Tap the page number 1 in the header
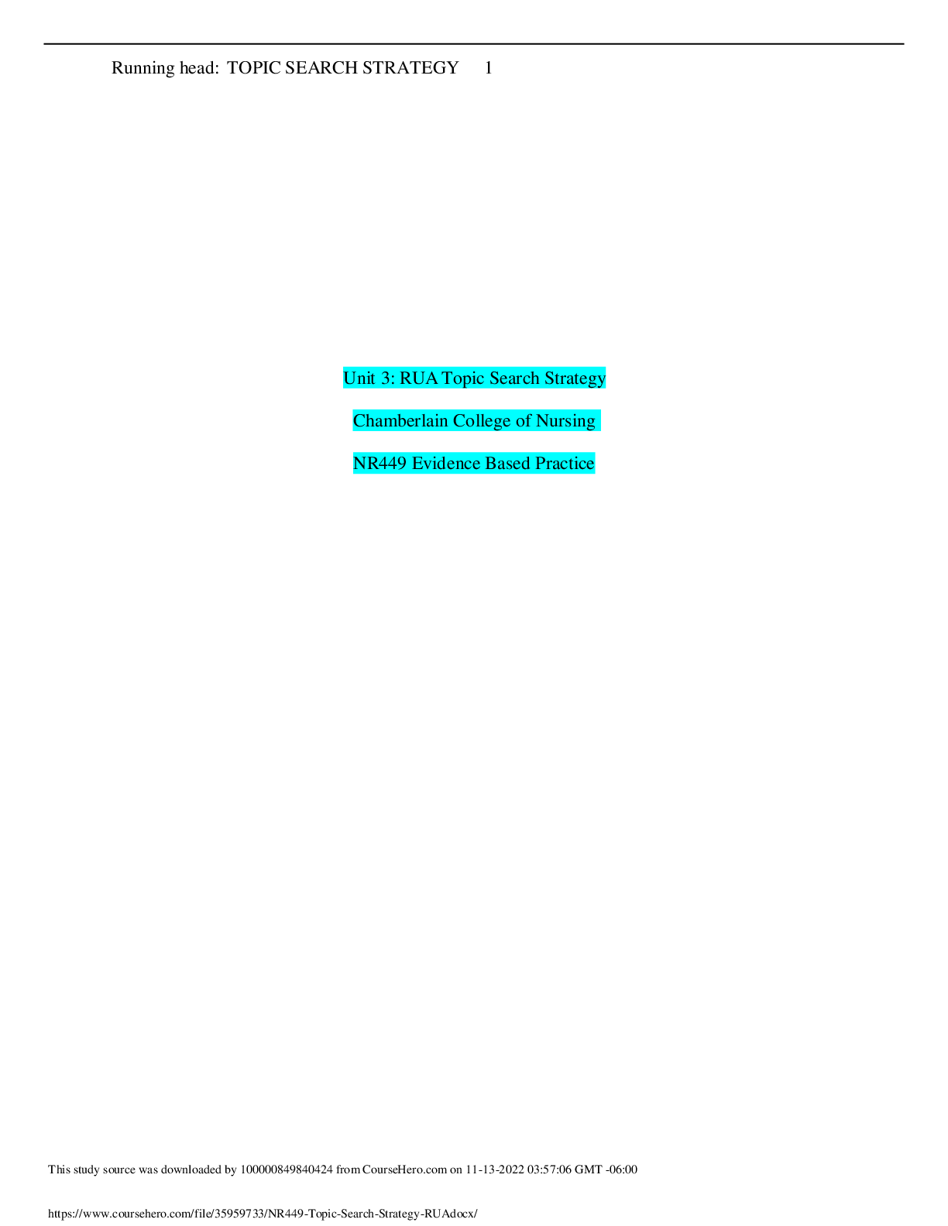pos(489,68)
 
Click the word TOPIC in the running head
pos(254,68)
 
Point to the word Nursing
pos(565,422)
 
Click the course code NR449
pos(380,464)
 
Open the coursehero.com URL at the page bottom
pos(263,1214)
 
